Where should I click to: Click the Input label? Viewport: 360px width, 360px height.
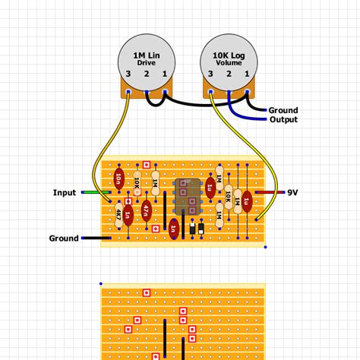(x=65, y=193)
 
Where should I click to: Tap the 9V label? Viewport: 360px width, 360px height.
(x=292, y=193)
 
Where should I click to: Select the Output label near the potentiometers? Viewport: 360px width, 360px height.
(x=283, y=120)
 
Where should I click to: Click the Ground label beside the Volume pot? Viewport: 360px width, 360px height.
(x=283, y=110)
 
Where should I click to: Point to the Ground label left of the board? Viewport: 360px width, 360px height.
(x=64, y=238)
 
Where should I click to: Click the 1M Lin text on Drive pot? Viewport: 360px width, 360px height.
(x=146, y=55)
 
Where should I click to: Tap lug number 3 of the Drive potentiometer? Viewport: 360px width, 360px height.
(x=128, y=74)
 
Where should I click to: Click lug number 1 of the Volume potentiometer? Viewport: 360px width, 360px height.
(x=246, y=74)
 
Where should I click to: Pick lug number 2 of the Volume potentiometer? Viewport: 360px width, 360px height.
(x=228, y=74)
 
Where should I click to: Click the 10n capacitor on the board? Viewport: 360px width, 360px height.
(x=118, y=179)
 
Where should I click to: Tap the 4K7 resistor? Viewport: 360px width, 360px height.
(x=118, y=215)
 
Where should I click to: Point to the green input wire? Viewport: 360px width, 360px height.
(x=91, y=193)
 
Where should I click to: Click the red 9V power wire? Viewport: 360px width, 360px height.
(x=270, y=193)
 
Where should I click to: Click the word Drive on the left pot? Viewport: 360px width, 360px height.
(x=146, y=63)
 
